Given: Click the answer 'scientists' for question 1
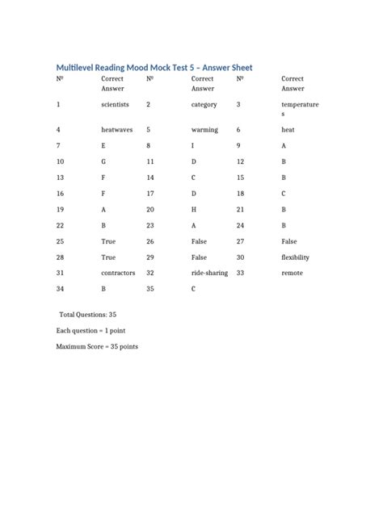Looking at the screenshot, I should coord(115,105).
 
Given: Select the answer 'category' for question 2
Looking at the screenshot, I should coord(204,105).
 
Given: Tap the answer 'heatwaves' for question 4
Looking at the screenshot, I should coord(117,129).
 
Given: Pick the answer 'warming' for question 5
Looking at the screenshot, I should coord(204,129).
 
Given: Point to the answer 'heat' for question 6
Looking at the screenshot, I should coord(288,129).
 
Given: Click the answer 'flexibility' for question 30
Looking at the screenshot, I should coord(295,257).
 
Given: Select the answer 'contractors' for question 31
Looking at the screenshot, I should coord(118,274).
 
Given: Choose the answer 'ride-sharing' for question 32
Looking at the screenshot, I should coord(208,274).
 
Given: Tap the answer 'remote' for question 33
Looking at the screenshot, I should coord(293,274).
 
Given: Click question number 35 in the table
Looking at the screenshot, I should coord(150,289).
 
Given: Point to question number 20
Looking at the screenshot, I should coord(150,209).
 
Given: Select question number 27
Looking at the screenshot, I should coord(240,241).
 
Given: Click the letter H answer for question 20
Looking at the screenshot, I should coord(194,209).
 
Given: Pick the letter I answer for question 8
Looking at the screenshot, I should coord(192,146).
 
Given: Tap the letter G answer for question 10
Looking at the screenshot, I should coord(103,161).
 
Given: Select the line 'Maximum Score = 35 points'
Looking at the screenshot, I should coord(97,346).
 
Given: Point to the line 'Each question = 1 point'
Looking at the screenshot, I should coord(90,330).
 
